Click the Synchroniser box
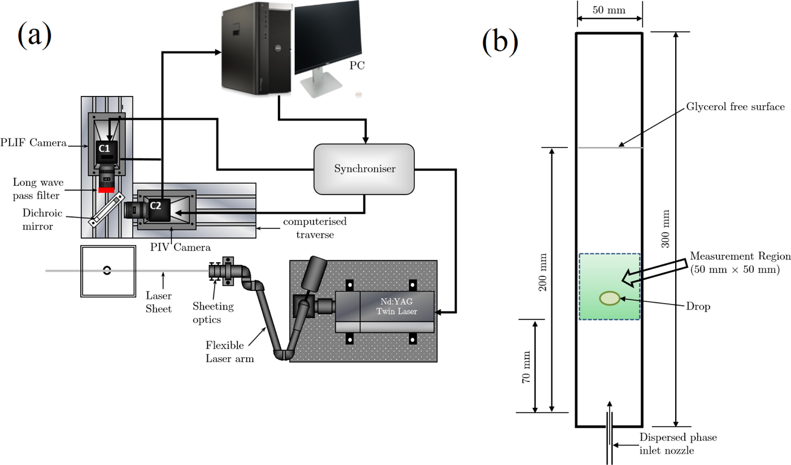pyautogui.click(x=363, y=169)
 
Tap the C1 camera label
pyautogui.click(x=105, y=148)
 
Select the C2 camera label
pyautogui.click(x=155, y=206)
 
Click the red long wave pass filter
pyautogui.click(x=106, y=189)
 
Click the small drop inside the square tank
pyautogui.click(x=107, y=271)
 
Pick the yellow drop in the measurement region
pyautogui.click(x=609, y=298)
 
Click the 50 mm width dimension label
pyautogui.click(x=609, y=10)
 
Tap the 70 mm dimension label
pyautogui.click(x=526, y=366)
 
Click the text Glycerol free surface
pyautogui.click(x=735, y=107)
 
